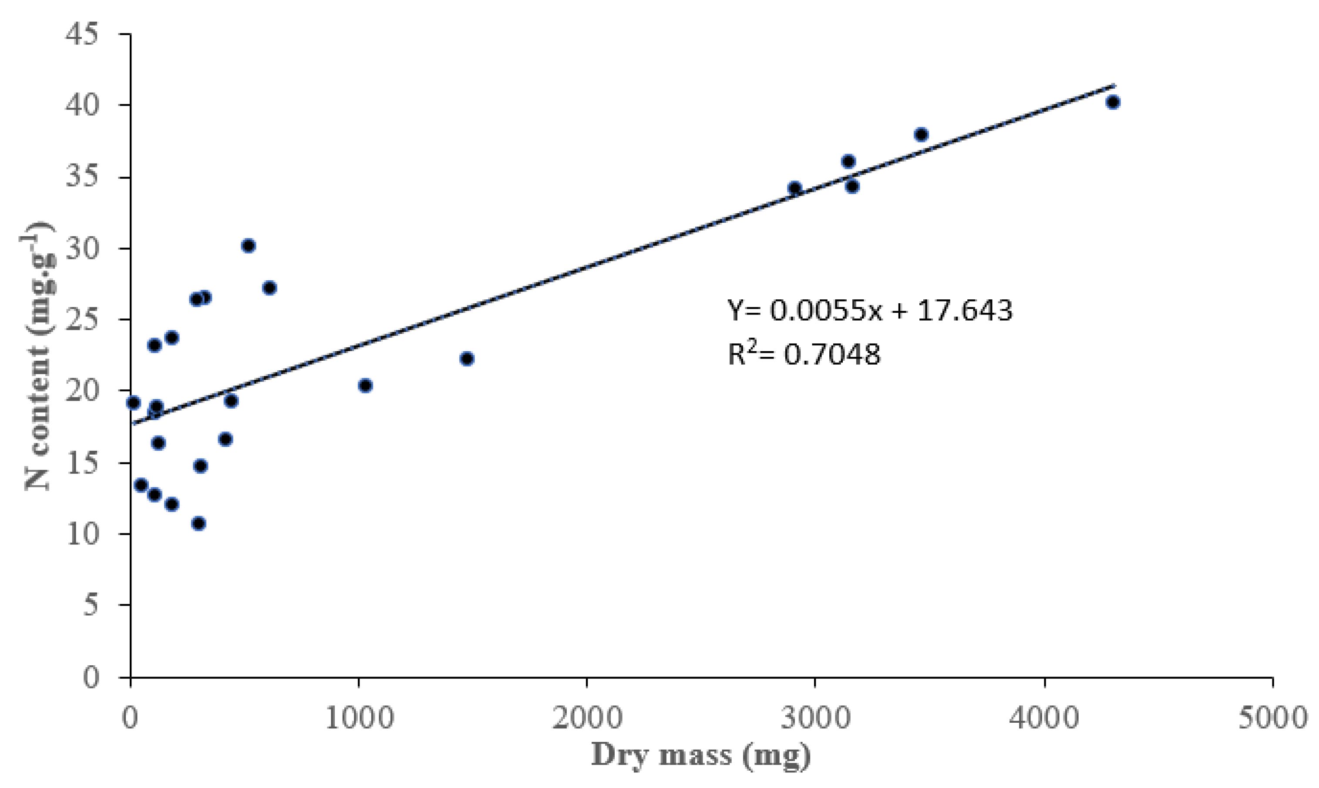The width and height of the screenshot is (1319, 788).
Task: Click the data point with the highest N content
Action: click(1113, 102)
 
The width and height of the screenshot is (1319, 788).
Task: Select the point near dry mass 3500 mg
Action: click(921, 134)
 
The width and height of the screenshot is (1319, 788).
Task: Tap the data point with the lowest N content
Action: click(199, 523)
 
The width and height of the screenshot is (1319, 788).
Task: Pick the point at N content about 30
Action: click(249, 245)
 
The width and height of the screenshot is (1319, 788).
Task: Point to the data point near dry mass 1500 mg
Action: click(467, 359)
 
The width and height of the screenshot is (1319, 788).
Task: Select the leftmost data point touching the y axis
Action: click(133, 402)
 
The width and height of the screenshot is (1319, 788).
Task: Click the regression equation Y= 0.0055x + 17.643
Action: click(870, 311)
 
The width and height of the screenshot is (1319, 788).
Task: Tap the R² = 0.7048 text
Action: click(804, 354)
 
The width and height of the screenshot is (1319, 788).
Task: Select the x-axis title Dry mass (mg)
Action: click(701, 754)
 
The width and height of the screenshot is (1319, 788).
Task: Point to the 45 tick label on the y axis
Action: click(82, 35)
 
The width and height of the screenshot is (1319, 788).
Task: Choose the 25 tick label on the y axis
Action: click(82, 320)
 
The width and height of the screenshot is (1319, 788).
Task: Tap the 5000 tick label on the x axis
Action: click(1272, 718)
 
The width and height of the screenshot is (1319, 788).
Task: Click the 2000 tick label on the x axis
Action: click(586, 718)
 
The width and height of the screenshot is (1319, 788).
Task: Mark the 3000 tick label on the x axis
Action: click(815, 718)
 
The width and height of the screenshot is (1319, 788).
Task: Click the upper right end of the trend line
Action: click(1114, 85)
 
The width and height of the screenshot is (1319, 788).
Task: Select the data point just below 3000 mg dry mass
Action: click(795, 188)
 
